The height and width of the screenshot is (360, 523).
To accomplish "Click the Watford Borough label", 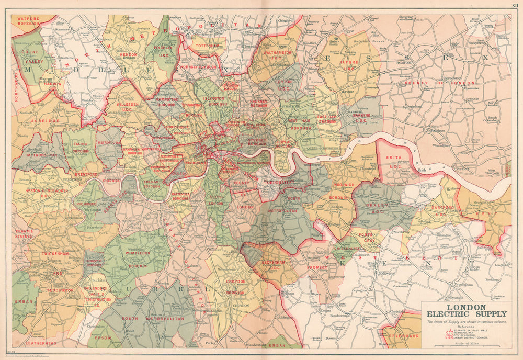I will click(x=25, y=21).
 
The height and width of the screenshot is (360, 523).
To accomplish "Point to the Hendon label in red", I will click(x=129, y=54).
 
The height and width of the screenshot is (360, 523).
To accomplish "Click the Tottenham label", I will click(x=208, y=46).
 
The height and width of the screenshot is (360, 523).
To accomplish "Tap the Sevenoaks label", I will click(x=405, y=335).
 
